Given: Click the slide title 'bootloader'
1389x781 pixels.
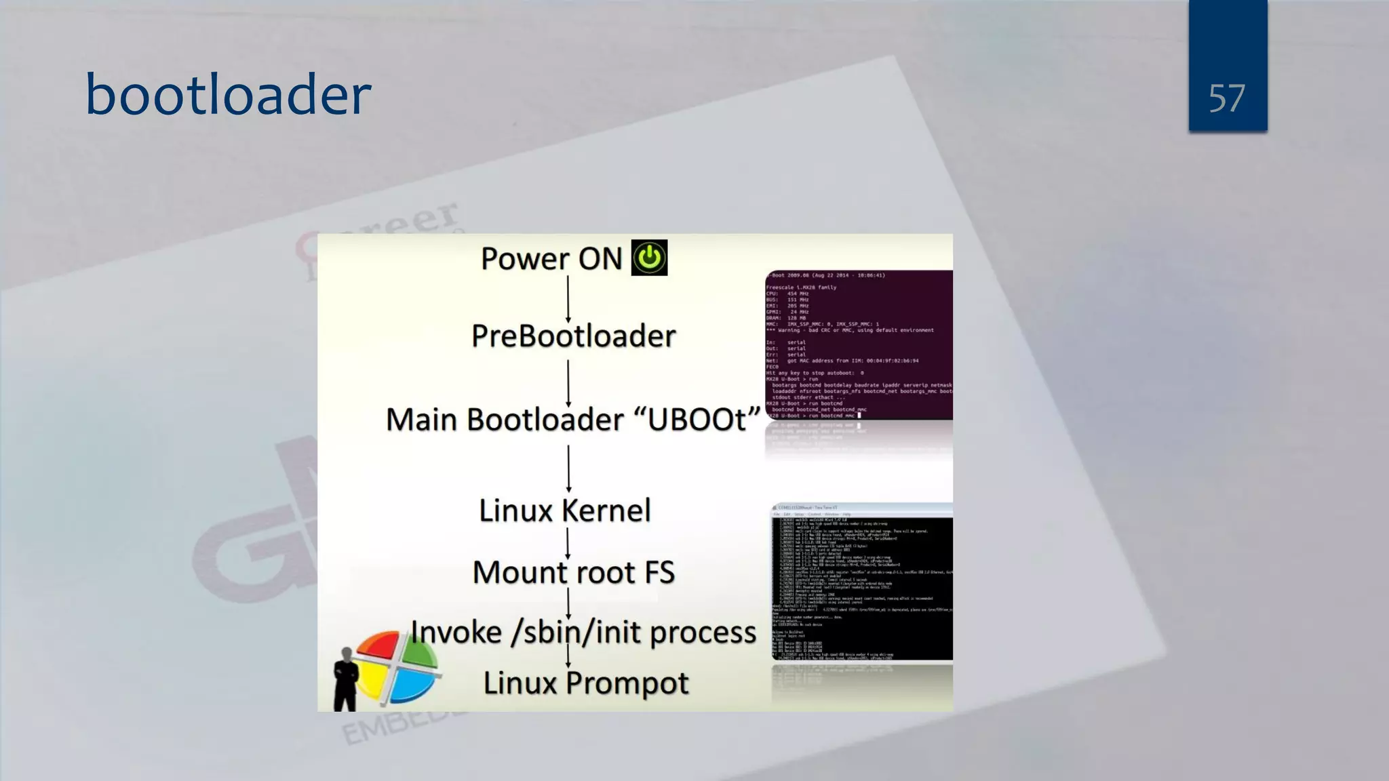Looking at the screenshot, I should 228,94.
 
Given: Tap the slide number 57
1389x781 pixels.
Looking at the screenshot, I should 1227,99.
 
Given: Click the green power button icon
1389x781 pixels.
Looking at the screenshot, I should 649,258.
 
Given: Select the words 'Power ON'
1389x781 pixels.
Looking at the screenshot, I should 551,259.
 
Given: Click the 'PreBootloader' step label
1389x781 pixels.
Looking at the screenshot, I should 573,336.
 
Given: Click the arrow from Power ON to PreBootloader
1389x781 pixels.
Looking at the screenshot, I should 568,298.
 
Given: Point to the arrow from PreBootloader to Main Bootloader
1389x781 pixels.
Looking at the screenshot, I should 568,383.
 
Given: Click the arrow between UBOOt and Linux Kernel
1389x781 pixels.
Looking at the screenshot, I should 568,468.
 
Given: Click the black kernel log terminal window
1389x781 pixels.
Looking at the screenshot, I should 861,583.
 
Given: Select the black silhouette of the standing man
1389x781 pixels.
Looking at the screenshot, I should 346,678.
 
